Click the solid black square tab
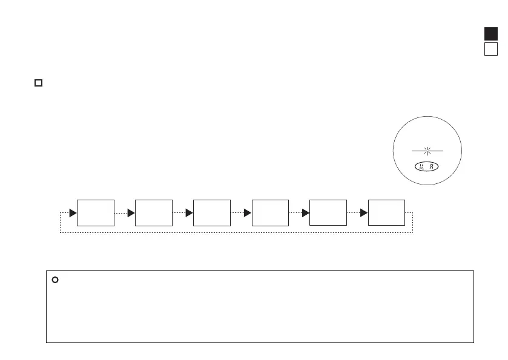click(491, 34)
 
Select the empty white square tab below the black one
click(491, 49)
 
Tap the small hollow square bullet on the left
click(38, 82)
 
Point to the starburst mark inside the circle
click(429, 151)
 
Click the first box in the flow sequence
click(96, 212)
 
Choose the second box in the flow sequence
click(154, 212)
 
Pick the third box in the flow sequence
click(212, 212)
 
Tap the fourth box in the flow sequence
click(270, 212)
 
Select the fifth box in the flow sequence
click(328, 212)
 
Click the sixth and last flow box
click(386, 212)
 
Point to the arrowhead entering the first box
click(73, 213)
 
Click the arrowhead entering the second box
click(131, 213)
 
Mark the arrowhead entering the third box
click(190, 213)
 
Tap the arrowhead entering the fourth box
click(248, 213)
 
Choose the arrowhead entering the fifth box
click(306, 213)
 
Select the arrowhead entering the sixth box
click(364, 213)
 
